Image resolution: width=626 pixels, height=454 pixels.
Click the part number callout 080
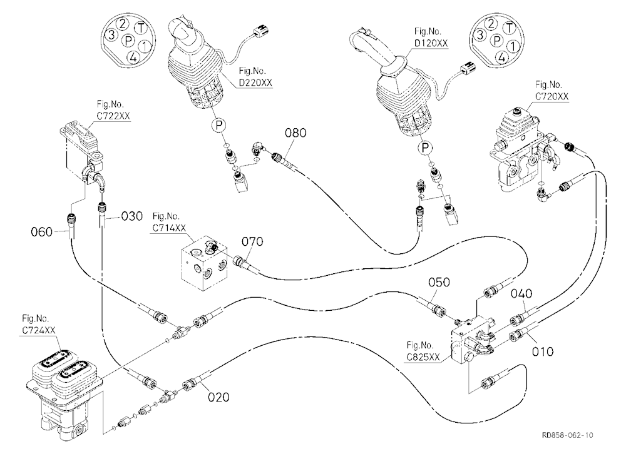tap(295, 133)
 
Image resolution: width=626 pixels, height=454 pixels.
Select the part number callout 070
tap(252, 241)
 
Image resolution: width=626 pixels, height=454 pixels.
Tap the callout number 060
tap(41, 232)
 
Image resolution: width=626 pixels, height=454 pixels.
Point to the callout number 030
tap(131, 216)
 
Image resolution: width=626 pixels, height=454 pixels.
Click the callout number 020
tap(218, 397)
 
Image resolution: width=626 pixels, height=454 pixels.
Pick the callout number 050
tap(439, 283)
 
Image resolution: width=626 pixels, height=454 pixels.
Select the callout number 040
tap(521, 294)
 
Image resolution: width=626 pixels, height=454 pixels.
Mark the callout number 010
tap(543, 351)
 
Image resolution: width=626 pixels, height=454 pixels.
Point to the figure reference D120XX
tap(431, 43)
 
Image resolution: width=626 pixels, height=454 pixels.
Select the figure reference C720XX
tap(552, 96)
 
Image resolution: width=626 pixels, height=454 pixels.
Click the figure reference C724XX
tap(39, 330)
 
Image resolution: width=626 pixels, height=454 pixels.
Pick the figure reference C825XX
tap(423, 356)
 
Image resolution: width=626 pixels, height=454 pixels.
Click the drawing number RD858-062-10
tap(567, 435)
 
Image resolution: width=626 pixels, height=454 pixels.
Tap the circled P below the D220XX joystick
tap(218, 125)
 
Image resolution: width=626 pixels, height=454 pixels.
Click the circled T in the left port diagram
tap(140, 29)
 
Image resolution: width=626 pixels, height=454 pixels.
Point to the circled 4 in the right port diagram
tap(502, 57)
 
